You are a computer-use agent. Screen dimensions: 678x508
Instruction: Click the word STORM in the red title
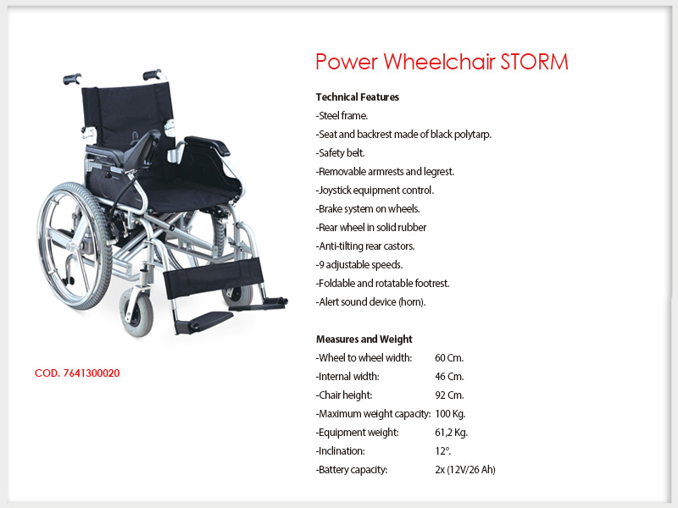click(534, 62)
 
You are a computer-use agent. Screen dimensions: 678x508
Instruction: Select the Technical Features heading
click(357, 97)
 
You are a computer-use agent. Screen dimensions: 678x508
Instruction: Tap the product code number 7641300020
click(92, 373)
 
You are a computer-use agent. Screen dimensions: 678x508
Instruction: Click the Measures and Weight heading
click(364, 340)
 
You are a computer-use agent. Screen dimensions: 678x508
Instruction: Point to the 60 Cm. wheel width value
click(449, 358)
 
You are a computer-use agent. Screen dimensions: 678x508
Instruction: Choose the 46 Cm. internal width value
click(449, 377)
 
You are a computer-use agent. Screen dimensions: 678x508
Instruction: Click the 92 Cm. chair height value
click(449, 395)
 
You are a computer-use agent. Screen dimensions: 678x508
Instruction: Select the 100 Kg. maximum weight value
click(450, 414)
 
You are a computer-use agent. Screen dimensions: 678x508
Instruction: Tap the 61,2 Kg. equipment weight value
click(452, 433)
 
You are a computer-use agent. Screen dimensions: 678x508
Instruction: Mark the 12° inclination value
click(442, 451)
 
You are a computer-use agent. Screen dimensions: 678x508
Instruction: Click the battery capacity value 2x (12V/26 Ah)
click(465, 470)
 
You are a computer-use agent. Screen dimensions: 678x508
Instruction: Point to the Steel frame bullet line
click(342, 116)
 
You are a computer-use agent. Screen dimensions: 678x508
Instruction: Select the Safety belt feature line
click(341, 153)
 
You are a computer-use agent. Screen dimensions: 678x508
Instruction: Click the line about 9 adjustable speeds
click(359, 265)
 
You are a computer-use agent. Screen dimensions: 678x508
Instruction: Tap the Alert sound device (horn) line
click(370, 302)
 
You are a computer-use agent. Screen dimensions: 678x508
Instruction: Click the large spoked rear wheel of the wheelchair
click(75, 246)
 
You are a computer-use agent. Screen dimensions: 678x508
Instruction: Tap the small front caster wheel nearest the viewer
click(136, 312)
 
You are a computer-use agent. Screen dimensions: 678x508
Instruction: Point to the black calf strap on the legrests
click(213, 277)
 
